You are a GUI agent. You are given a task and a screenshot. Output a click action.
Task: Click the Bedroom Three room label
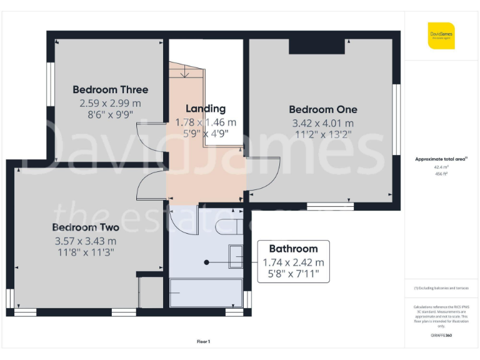111,89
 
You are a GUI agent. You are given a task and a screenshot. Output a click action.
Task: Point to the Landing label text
205,109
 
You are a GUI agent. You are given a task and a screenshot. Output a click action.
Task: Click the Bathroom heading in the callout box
293,249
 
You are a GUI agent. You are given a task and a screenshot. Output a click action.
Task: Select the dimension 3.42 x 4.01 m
322,124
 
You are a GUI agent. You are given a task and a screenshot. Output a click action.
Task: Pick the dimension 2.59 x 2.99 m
110,103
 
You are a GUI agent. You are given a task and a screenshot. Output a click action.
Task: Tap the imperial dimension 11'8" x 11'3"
85,252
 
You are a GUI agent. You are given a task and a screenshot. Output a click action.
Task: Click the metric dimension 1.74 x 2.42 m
293,262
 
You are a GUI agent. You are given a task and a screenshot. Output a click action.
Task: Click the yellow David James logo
441,35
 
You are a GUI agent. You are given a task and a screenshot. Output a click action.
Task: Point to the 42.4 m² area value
441,167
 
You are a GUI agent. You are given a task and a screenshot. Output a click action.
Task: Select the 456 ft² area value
441,174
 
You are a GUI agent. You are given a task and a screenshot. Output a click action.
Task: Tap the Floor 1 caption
203,341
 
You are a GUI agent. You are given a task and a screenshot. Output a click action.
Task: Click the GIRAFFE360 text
441,336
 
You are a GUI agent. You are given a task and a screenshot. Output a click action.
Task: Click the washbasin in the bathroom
236,257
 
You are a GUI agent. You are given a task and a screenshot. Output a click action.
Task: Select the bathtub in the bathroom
206,292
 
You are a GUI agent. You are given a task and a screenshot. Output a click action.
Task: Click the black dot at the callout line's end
206,262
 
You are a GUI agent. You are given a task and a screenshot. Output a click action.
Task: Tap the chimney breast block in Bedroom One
316,46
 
